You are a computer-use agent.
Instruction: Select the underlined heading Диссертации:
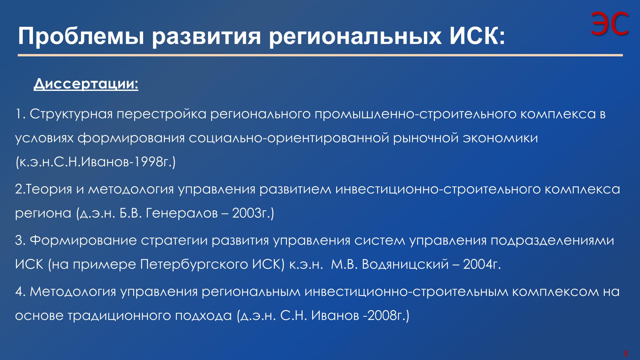coord(86,84)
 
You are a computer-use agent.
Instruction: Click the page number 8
coord(626,354)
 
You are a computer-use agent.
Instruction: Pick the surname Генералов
coord(182,213)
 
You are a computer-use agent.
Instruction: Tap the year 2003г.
coord(249,213)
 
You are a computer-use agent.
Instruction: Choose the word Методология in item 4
coord(73,292)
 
